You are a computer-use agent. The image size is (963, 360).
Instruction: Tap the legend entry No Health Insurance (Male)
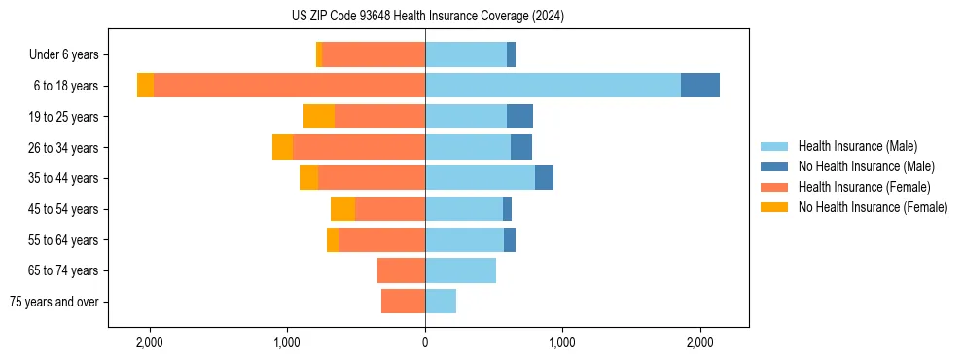tap(866, 166)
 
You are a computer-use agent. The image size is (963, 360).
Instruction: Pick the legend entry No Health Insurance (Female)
tap(873, 207)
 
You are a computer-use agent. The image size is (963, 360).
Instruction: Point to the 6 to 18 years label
tap(66, 86)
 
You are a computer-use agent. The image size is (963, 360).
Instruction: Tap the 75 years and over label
tap(54, 302)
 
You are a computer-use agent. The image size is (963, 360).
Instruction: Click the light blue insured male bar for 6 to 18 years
tap(553, 86)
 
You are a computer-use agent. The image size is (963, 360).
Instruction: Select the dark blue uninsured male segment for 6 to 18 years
tap(700, 86)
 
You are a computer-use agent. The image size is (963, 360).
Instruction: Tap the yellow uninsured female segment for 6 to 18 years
tap(145, 86)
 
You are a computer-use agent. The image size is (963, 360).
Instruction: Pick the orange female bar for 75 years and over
tap(403, 302)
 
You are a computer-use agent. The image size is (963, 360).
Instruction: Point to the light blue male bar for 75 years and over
tap(441, 302)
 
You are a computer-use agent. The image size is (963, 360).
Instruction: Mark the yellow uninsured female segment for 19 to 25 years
tap(319, 117)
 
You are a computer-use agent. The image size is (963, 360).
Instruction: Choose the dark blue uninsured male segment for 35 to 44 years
tap(544, 178)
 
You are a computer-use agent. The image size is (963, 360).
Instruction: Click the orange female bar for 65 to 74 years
tap(401, 270)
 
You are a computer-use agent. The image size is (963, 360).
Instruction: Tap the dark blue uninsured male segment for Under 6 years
tap(511, 55)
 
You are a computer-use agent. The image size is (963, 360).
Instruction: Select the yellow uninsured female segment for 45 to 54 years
tap(342, 209)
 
